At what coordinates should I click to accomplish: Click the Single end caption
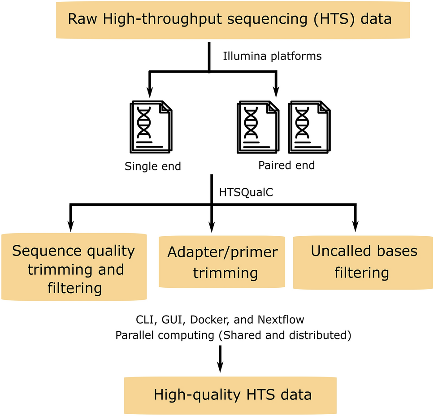153,166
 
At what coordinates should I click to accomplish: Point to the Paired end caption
286,165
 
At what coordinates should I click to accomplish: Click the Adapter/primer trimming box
222,262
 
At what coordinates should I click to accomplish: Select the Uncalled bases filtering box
364,261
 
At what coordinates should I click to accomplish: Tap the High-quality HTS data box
232,395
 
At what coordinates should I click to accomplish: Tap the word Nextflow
281,320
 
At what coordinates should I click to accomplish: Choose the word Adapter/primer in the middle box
222,252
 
